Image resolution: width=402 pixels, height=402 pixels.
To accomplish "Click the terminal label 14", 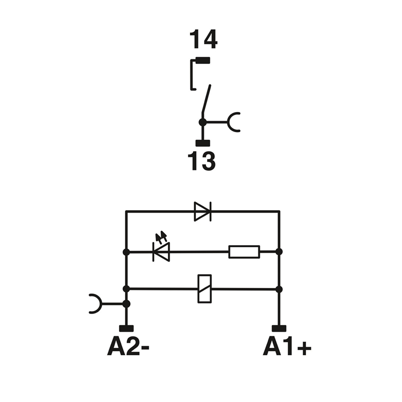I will (x=203, y=40).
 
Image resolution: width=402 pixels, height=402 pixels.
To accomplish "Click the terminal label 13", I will (x=202, y=161).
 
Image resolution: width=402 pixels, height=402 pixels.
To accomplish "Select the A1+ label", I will (x=287, y=346).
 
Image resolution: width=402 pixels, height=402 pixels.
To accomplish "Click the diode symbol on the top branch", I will (x=203, y=212).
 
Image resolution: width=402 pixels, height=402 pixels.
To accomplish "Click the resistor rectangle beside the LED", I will (x=244, y=251).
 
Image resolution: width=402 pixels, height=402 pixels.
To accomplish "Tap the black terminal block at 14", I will (x=203, y=61).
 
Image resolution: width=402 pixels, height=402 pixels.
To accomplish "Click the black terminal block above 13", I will (x=202, y=143).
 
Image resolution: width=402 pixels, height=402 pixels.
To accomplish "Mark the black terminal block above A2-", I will (x=126, y=329).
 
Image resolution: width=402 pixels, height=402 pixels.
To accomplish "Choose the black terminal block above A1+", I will (x=279, y=329).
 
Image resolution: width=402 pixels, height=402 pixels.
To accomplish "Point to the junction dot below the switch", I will (x=202, y=122).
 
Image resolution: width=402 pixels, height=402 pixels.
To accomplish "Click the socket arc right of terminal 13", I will (x=234, y=122).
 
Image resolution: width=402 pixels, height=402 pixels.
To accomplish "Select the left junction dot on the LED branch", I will (x=126, y=251).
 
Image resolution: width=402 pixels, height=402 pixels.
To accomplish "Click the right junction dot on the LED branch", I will (x=279, y=251).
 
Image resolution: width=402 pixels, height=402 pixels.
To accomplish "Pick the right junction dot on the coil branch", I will (x=279, y=289).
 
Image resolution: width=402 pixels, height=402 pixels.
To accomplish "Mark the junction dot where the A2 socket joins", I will (x=126, y=304).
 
